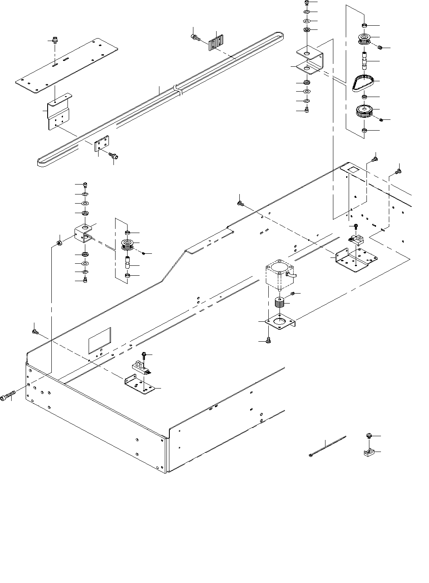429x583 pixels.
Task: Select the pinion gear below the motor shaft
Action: pos(280,303)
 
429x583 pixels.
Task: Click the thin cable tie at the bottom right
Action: pos(327,446)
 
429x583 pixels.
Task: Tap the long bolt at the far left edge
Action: pos(8,396)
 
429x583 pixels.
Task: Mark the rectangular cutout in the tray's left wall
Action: pos(100,340)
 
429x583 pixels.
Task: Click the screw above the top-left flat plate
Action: pos(54,41)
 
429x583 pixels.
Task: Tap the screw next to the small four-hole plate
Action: pos(113,155)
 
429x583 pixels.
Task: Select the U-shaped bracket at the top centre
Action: pos(311,60)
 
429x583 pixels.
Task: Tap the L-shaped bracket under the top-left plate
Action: pos(58,112)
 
